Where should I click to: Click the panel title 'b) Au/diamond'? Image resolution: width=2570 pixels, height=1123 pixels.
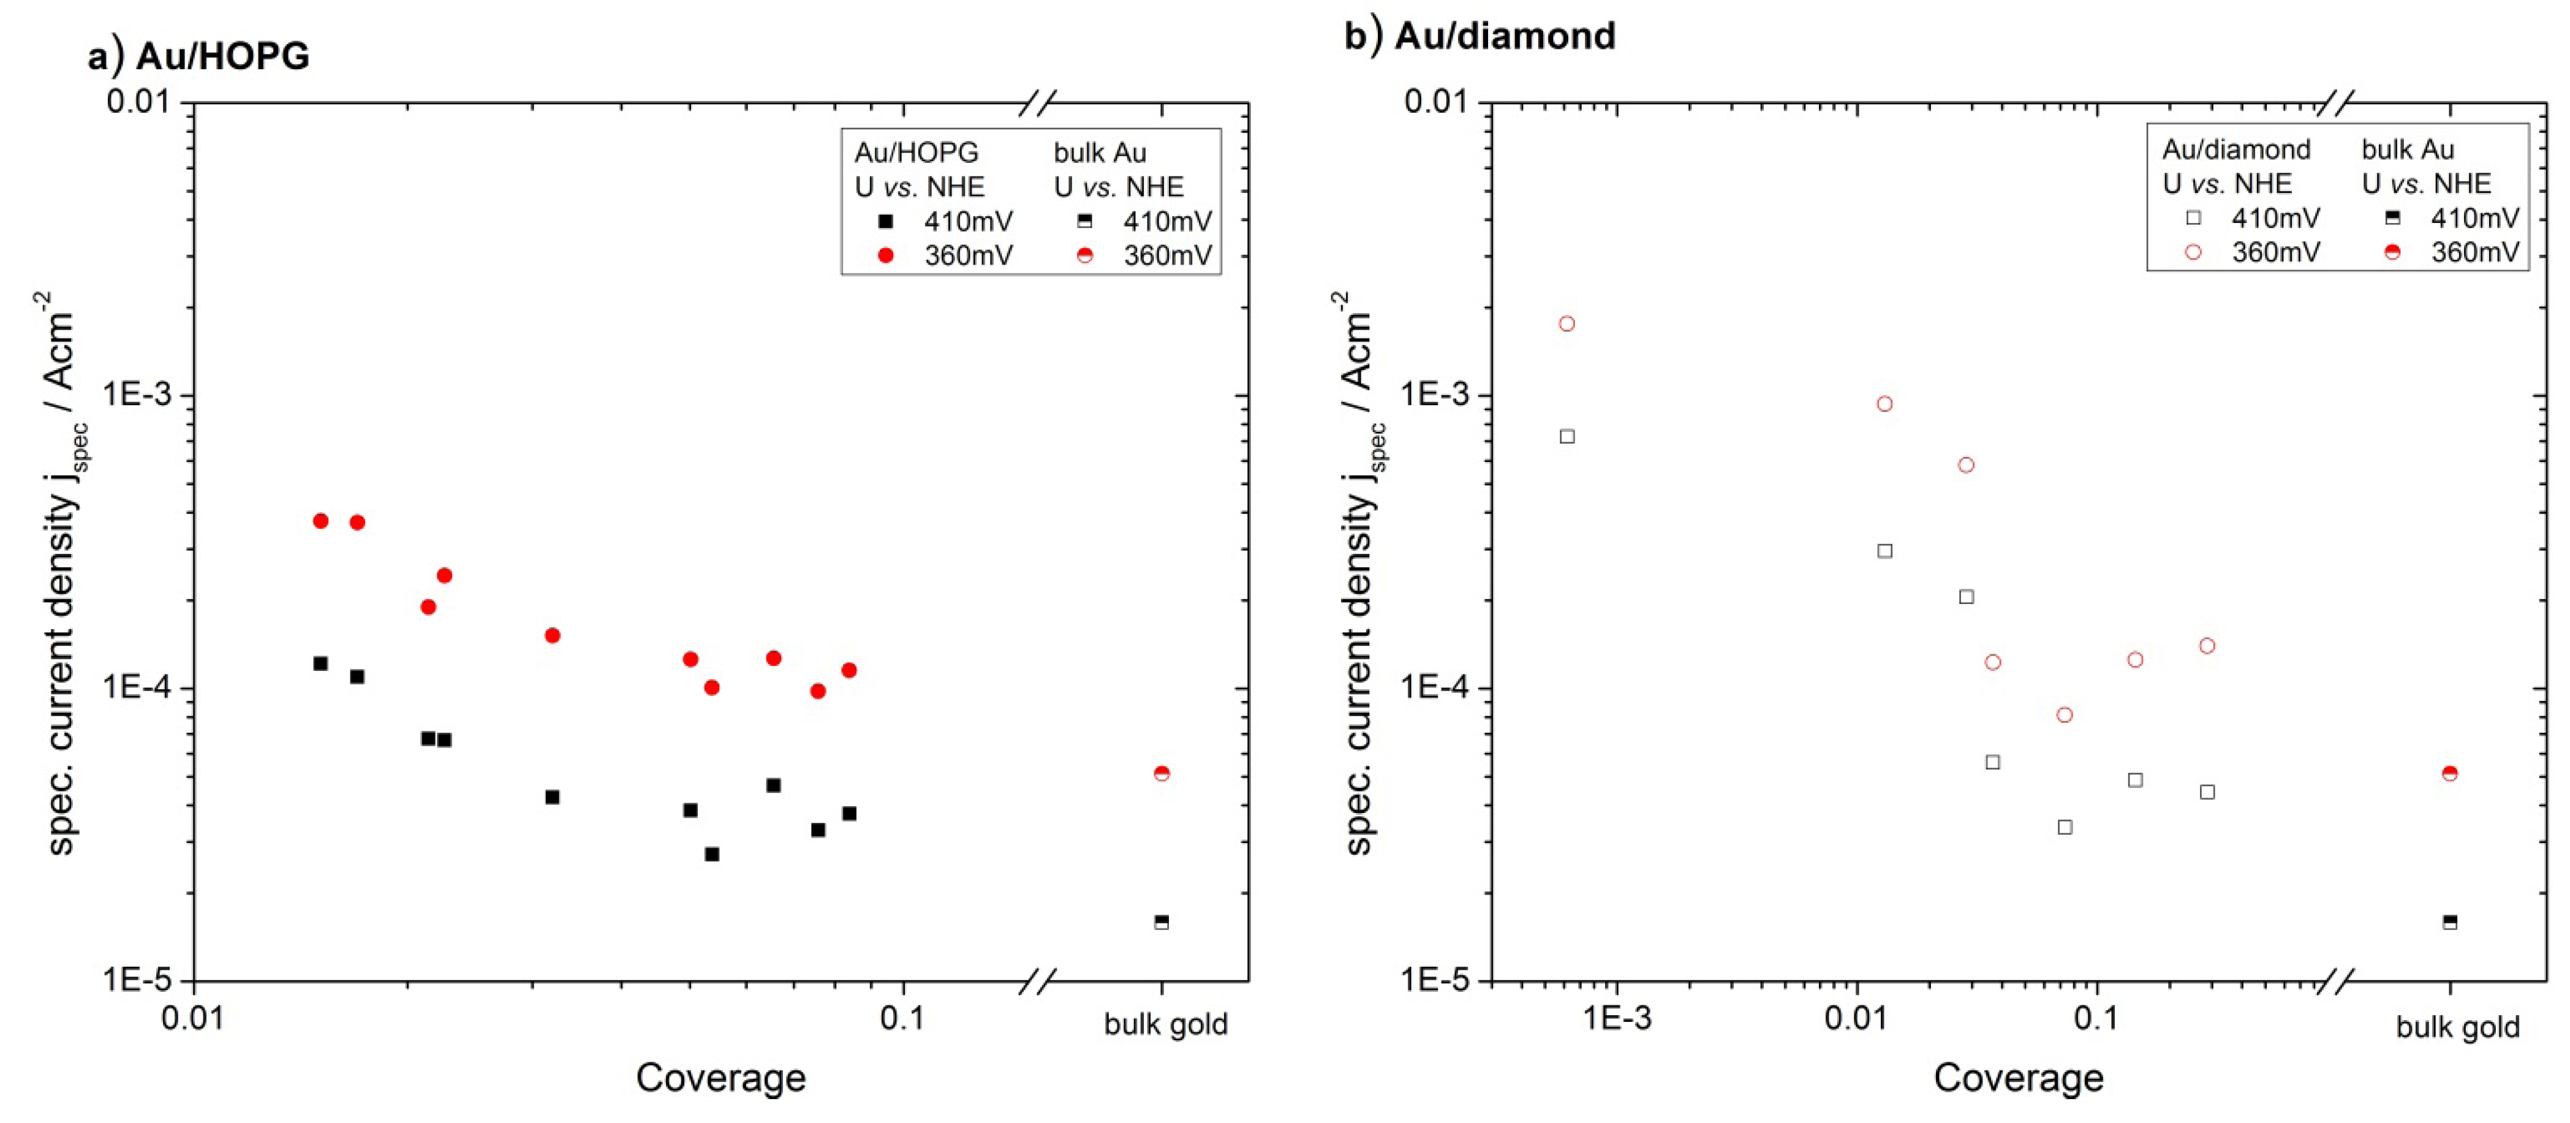pos(1480,36)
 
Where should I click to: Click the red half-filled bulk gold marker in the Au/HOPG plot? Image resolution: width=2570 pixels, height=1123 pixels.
pos(1162,773)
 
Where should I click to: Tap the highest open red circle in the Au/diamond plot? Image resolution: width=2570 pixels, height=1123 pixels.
pos(1567,324)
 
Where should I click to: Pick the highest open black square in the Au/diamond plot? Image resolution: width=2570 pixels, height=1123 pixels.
pos(1567,437)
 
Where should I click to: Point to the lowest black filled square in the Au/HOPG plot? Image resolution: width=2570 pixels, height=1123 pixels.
pos(711,855)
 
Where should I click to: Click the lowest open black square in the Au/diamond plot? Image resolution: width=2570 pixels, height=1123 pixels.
pos(2065,827)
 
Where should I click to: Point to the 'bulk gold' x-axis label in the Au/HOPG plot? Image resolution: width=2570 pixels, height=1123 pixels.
pos(1165,1024)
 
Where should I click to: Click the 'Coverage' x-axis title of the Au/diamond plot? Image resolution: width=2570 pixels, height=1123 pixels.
pos(2018,1078)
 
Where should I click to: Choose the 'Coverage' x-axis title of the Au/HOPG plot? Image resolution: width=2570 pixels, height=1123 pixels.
pos(720,1078)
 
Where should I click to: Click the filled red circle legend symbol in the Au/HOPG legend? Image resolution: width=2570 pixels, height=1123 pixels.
pos(885,255)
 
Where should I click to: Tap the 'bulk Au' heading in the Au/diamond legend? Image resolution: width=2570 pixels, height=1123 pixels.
pos(2408,149)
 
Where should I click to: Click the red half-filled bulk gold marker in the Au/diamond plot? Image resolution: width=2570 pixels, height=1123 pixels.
pos(2449,773)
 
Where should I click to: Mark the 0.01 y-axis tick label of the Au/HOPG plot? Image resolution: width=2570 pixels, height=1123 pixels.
pos(142,102)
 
